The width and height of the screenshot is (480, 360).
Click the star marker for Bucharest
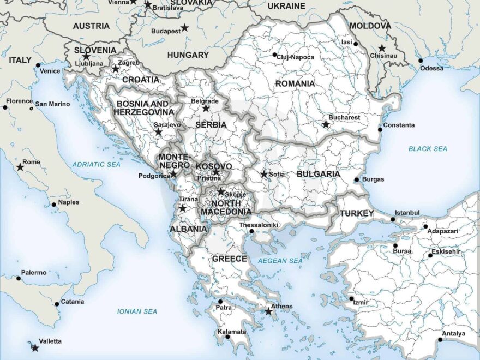[326, 124]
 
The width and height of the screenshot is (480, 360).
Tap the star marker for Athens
[268, 311]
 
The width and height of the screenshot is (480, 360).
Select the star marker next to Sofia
[264, 174]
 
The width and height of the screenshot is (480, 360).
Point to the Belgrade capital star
[206, 108]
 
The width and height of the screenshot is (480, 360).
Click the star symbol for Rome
[20, 167]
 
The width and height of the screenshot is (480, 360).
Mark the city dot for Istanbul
[393, 219]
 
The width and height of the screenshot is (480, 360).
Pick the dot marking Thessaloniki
[251, 231]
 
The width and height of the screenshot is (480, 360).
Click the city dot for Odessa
[421, 61]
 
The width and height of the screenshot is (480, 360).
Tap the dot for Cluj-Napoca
[275, 54]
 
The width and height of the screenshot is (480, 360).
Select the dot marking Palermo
[18, 278]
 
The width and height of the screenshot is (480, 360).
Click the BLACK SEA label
[428, 148]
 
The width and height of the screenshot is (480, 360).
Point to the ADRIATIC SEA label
[96, 164]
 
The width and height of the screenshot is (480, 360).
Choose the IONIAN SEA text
[137, 311]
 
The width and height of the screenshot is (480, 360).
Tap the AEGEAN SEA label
[280, 261]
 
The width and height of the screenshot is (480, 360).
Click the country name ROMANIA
[295, 83]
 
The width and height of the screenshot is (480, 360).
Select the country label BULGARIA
[318, 174]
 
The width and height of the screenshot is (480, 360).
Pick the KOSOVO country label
[214, 166]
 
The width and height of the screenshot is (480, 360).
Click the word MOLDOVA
[370, 26]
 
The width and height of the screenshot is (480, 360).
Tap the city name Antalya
[453, 333]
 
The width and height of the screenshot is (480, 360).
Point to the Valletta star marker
[35, 347]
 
